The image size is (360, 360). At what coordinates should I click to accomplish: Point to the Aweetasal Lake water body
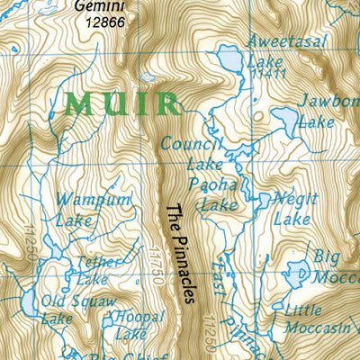point(230,61)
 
